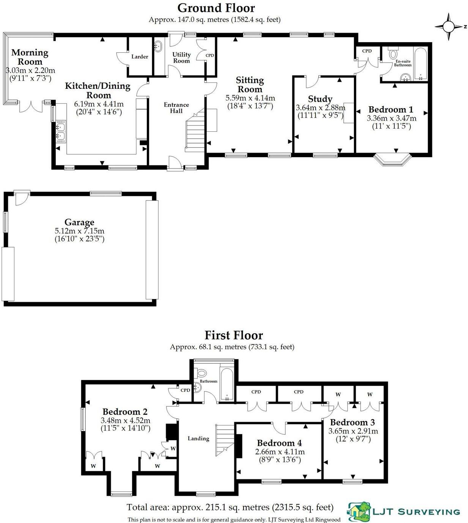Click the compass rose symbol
(449, 27)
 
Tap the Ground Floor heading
(216, 8)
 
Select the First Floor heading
(234, 335)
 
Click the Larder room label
(140, 57)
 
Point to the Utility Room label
(181, 57)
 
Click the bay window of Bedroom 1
(393, 160)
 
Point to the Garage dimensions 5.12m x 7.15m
(79, 231)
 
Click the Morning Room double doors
(31, 106)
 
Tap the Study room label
(320, 99)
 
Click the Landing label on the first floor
(198, 438)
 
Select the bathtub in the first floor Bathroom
(227, 384)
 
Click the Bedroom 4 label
(279, 443)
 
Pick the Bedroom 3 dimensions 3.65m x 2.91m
(353, 431)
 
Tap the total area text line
(230, 507)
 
